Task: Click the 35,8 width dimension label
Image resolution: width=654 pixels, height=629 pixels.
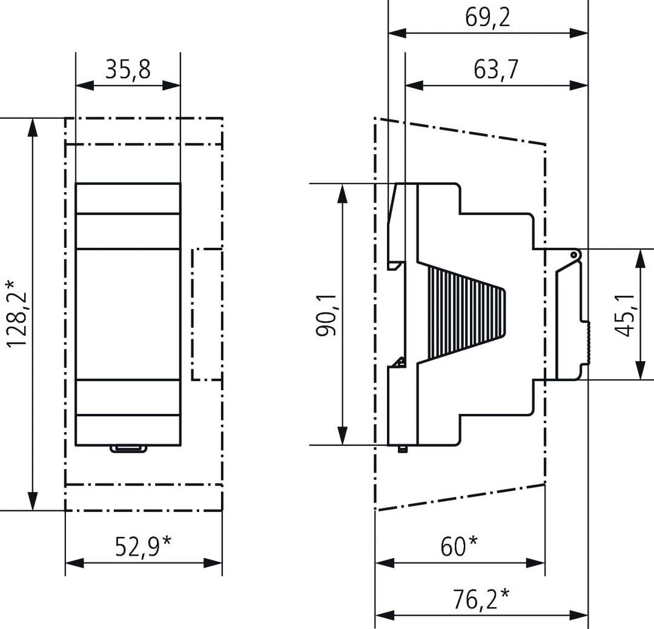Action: (128, 70)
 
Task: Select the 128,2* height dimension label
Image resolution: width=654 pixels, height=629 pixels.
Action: (17, 313)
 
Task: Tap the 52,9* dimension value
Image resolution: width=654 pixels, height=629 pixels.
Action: (143, 547)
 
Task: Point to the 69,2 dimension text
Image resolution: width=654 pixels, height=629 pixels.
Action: (487, 18)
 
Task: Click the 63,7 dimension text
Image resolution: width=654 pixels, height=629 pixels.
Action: (496, 70)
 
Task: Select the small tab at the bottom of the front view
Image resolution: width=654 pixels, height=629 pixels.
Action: (128, 449)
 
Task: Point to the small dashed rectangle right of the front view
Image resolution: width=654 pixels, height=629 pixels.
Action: (207, 314)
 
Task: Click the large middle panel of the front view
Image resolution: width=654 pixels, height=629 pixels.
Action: (128, 314)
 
